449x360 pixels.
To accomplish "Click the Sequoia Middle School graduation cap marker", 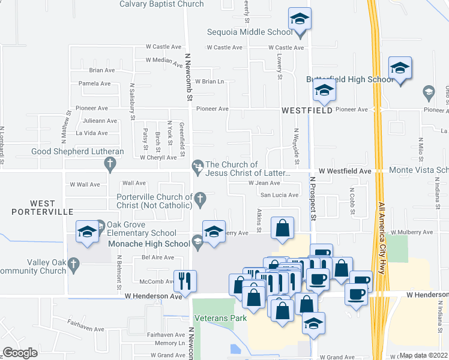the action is coord(299,20).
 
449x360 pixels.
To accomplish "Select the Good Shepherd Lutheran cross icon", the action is coord(109,163).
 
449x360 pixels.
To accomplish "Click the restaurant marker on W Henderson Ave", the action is coord(185,280).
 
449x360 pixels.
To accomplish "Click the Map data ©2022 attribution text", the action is coord(423,355).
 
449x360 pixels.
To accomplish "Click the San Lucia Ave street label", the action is coord(279,195).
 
